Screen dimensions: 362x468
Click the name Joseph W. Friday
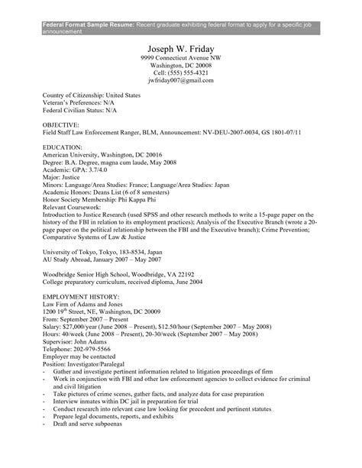coord(180,49)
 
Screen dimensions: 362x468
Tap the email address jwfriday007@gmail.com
coord(180,81)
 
